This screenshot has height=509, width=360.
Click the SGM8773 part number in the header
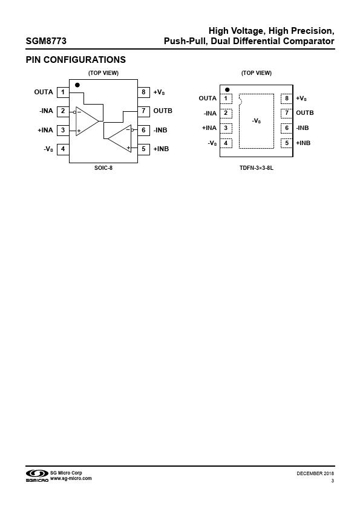(x=46, y=41)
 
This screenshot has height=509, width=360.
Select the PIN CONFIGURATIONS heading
(x=76, y=60)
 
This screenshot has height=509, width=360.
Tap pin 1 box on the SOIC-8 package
(x=63, y=92)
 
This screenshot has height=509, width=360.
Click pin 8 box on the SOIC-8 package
(x=143, y=92)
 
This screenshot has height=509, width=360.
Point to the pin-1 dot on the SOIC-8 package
(x=77, y=85)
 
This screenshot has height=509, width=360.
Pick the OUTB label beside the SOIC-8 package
(x=163, y=111)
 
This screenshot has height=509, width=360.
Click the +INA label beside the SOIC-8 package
(x=45, y=130)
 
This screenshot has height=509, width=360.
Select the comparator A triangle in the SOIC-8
(x=87, y=121)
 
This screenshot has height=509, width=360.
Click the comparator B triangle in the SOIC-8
(x=120, y=138)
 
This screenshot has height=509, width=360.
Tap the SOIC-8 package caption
(x=103, y=168)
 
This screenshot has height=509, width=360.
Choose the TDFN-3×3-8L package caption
(x=257, y=168)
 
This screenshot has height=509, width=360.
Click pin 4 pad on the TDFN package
(x=226, y=143)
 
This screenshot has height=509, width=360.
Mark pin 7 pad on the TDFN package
(x=287, y=113)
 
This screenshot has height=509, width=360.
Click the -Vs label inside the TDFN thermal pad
(x=257, y=121)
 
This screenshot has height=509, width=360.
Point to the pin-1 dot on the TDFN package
(x=227, y=89)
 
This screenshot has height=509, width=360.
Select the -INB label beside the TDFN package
(x=303, y=128)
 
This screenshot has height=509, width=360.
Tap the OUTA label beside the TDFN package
(x=208, y=99)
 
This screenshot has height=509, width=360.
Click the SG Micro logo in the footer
(x=37, y=476)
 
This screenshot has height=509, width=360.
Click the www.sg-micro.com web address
(x=71, y=479)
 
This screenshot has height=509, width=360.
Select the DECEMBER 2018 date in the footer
(x=315, y=473)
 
